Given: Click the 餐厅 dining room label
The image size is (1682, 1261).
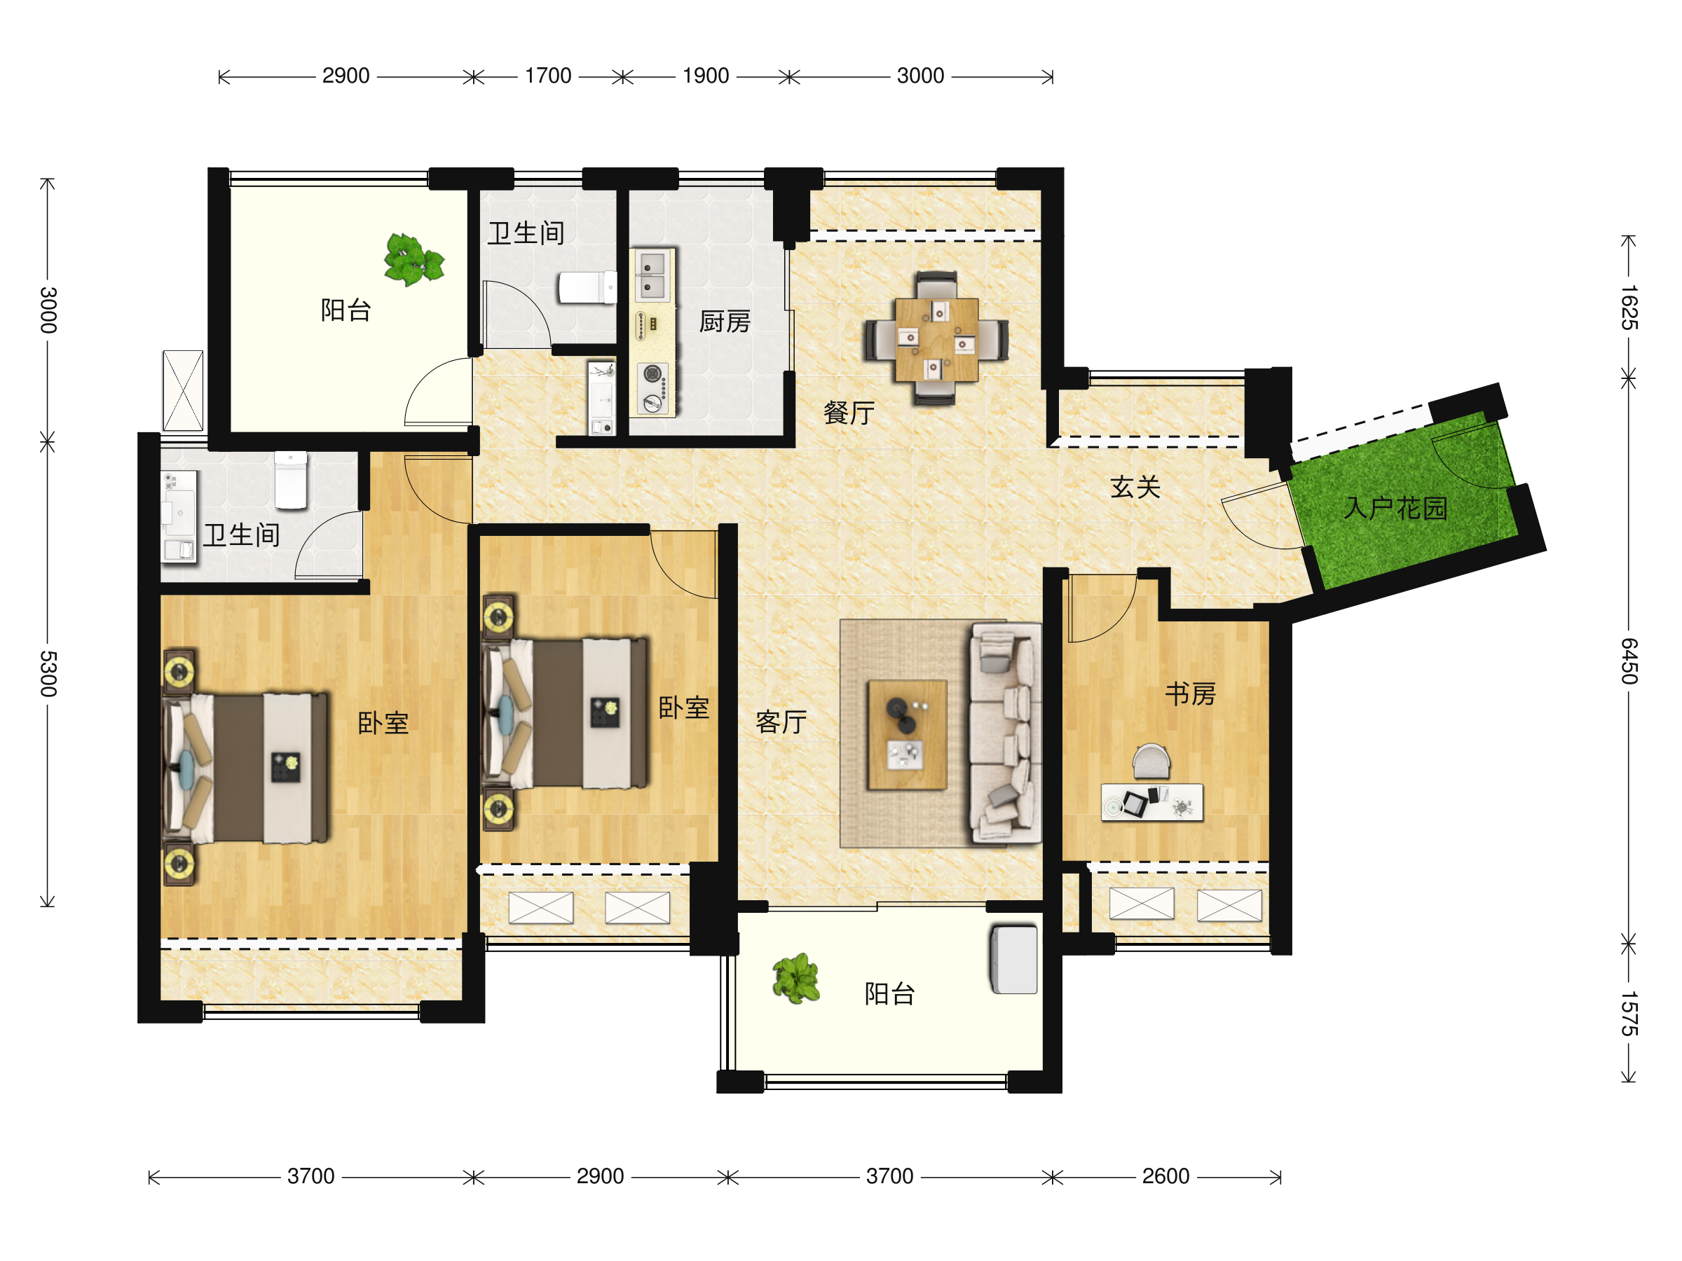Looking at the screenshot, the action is [x=849, y=413].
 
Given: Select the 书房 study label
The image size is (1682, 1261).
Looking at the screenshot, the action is [x=1190, y=694].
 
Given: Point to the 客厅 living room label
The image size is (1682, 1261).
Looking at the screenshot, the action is [x=780, y=722].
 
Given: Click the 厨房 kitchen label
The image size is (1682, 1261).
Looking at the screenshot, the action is [x=725, y=322].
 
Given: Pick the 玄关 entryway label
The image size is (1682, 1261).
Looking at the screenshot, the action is [x=1135, y=486].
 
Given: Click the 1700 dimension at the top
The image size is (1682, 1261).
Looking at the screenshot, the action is [x=547, y=76].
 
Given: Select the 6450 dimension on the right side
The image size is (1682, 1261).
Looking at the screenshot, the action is [x=1628, y=661].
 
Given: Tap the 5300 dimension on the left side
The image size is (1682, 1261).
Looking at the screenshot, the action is [x=48, y=673].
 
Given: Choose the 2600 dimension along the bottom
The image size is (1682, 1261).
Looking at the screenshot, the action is [x=1165, y=1177].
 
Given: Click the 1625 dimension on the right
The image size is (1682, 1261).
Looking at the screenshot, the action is [x=1628, y=307].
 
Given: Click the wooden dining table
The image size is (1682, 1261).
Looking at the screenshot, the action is [x=936, y=340].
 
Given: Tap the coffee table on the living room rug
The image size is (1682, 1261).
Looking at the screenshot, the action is [x=907, y=735].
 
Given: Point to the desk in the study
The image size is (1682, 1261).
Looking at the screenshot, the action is [x=1151, y=802].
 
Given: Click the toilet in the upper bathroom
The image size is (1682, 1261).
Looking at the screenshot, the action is [x=587, y=287].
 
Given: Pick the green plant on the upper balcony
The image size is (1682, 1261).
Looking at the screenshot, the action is [x=413, y=259].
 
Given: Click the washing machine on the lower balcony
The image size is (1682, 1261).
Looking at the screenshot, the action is [x=1013, y=959].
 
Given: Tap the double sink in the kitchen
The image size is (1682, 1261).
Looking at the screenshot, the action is [x=652, y=275].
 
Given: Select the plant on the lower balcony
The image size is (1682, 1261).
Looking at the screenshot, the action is [x=795, y=978].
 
